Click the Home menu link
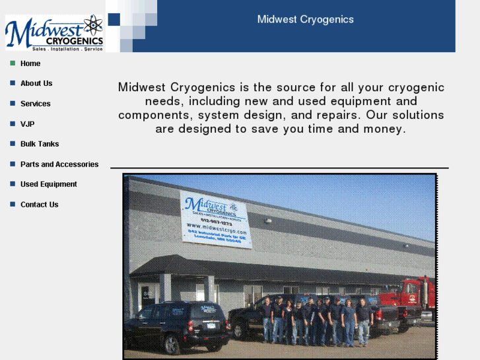pyautogui.click(x=30, y=63)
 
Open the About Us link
pyautogui.click(x=36, y=83)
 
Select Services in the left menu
pyautogui.click(x=35, y=104)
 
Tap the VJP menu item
pyautogui.click(x=27, y=124)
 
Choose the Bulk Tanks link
pyautogui.click(x=40, y=144)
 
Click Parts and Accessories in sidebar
pyautogui.click(x=59, y=164)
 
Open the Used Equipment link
pyautogui.click(x=48, y=184)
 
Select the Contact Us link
pyautogui.click(x=39, y=205)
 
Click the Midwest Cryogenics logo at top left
pyautogui.click(x=54, y=33)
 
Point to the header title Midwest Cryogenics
pyautogui.click(x=305, y=19)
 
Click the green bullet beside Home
pyautogui.click(x=13, y=63)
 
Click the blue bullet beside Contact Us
pyautogui.click(x=13, y=205)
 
